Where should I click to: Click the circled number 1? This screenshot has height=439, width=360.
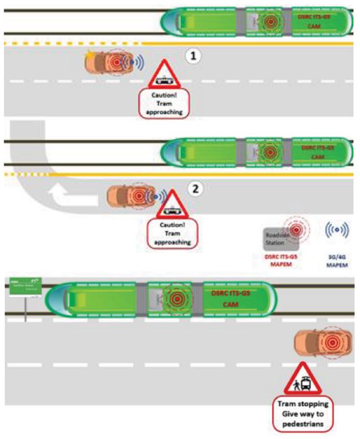click(193, 56)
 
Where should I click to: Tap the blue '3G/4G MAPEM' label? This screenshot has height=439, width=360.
click(337, 260)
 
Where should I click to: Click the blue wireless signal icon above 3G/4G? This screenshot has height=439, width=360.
click(337, 229)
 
